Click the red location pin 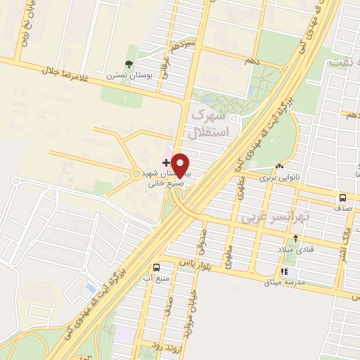[x=181, y=165]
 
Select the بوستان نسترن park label [x=124, y=75]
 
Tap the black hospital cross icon [x=166, y=162]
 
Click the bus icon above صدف [x=342, y=198]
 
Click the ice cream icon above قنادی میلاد [x=296, y=239]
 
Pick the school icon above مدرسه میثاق [x=284, y=271]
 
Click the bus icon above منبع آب [x=156, y=267]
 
